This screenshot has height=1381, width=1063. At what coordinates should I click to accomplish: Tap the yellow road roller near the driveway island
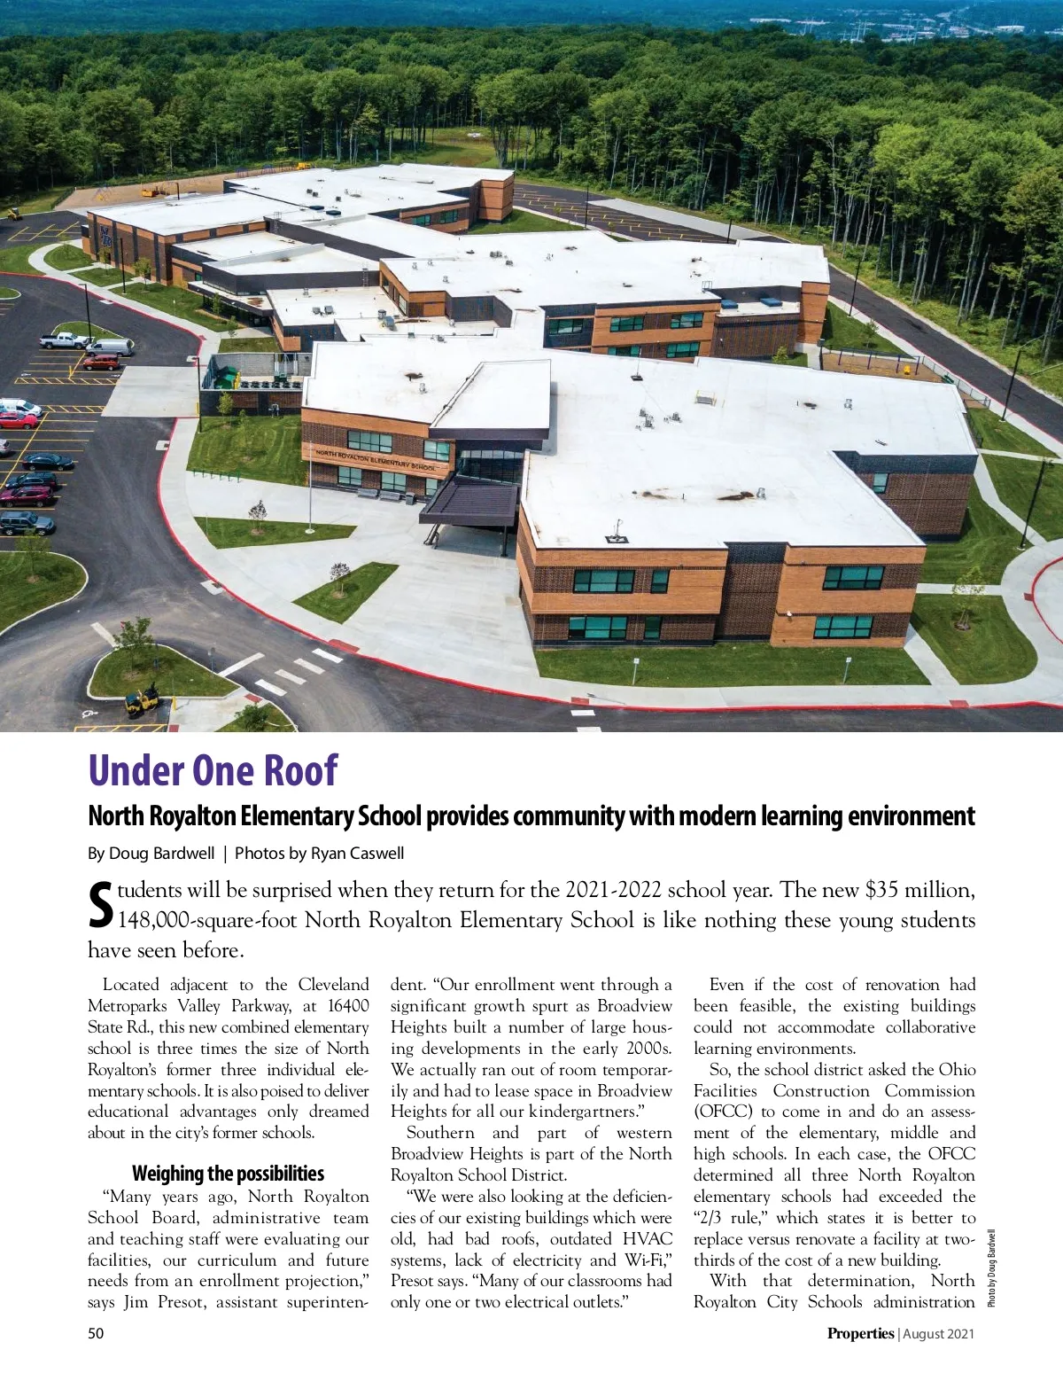142,699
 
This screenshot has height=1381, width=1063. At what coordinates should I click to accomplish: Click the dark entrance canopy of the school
469,502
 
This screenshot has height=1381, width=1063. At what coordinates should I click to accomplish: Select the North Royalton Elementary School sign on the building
376,459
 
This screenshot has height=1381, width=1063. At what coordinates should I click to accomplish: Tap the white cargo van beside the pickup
110,347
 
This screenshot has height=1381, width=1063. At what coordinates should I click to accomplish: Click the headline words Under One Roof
213,770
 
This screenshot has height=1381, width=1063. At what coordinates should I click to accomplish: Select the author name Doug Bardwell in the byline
161,854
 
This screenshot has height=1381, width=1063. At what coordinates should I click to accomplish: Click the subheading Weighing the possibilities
228,1174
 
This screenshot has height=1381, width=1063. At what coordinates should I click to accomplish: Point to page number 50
96,1333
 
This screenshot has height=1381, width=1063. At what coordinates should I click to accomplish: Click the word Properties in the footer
860,1333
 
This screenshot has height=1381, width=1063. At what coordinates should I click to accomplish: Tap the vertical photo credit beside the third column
991,1268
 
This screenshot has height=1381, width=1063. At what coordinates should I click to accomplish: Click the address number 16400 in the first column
348,1006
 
